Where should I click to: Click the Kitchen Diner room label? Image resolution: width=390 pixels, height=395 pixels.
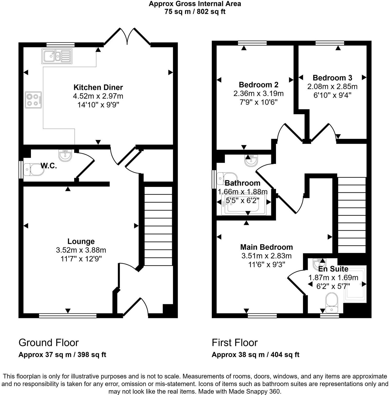(x=98, y=87)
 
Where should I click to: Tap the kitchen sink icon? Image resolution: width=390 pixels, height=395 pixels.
(x=57, y=56)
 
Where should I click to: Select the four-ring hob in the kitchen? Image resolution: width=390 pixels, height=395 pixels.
(x=33, y=100)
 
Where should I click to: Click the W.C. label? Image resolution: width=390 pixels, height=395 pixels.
(x=49, y=166)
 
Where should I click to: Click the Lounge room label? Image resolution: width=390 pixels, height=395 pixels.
(x=81, y=241)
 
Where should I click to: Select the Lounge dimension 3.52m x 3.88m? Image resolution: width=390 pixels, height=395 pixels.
(x=81, y=250)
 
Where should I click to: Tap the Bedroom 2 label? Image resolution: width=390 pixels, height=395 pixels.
(x=258, y=85)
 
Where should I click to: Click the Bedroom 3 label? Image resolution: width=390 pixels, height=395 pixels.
(x=332, y=78)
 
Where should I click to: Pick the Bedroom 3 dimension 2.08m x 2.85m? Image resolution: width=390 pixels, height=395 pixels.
(x=332, y=86)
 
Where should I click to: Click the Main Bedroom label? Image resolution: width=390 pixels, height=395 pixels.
(x=267, y=247)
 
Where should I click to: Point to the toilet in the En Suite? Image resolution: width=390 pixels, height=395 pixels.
(x=332, y=303)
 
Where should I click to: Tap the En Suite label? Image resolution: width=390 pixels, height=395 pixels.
(x=333, y=269)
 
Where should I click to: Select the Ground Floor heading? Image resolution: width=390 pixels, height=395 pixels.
(x=48, y=343)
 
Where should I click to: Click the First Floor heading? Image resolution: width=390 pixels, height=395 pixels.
(x=235, y=343)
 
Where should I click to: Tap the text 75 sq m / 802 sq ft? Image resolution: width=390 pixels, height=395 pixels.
(x=195, y=12)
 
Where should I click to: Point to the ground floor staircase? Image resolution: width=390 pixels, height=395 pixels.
(x=158, y=226)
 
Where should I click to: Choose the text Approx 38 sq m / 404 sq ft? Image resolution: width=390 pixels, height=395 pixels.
(x=256, y=355)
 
